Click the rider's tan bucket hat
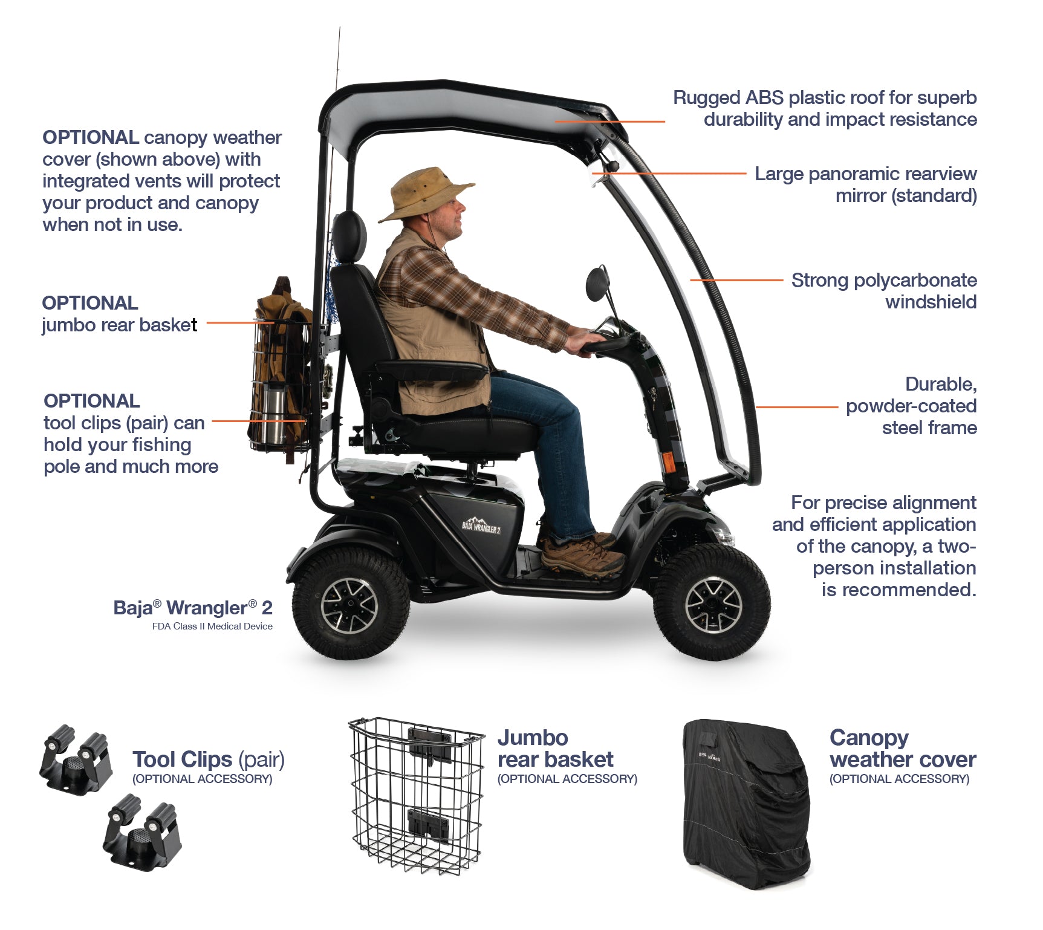coord(426,193)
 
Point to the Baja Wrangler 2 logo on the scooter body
coord(481,524)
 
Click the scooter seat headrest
coord(349,236)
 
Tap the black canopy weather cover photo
coord(746,804)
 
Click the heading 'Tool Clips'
coord(182,759)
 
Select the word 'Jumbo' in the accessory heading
coord(533,738)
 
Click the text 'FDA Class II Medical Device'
coord(212,626)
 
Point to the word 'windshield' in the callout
coord(931,302)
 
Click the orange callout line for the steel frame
coord(797,408)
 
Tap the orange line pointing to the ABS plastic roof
coord(610,122)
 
